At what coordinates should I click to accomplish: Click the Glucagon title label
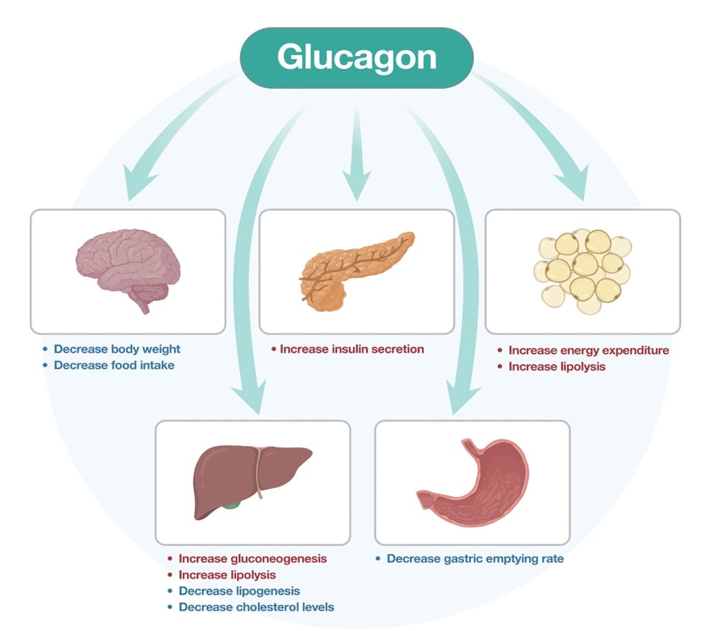[357, 57]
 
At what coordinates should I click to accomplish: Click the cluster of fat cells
[583, 270]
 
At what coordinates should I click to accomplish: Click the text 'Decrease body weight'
[117, 349]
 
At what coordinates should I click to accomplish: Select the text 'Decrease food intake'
[114, 365]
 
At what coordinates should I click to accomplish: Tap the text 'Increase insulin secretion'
[352, 349]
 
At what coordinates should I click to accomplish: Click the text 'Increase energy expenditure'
[588, 350]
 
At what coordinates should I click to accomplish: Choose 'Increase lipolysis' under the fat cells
[557, 367]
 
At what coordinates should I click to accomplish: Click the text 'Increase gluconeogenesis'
[252, 558]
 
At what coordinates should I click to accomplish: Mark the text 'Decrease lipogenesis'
[239, 591]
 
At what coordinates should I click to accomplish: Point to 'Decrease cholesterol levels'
[256, 608]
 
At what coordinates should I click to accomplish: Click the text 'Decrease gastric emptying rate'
[474, 558]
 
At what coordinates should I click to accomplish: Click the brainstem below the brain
[143, 303]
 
